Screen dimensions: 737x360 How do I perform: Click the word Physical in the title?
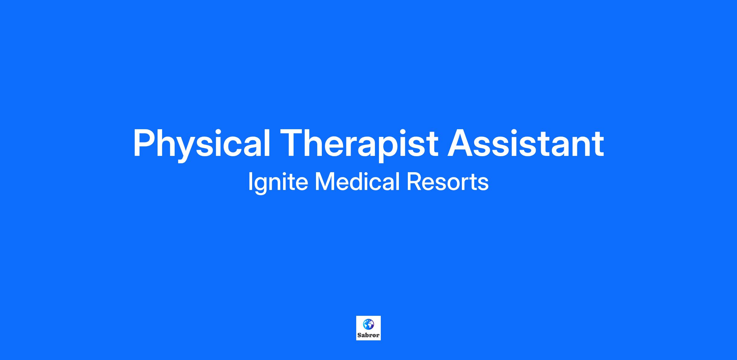point(201,145)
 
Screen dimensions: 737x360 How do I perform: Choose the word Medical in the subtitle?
point(358,181)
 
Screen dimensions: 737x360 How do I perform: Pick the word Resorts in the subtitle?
point(447,182)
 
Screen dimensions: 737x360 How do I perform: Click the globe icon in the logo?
point(368,324)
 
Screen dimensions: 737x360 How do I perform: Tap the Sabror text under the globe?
point(368,335)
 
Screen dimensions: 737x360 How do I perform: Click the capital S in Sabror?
point(359,335)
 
